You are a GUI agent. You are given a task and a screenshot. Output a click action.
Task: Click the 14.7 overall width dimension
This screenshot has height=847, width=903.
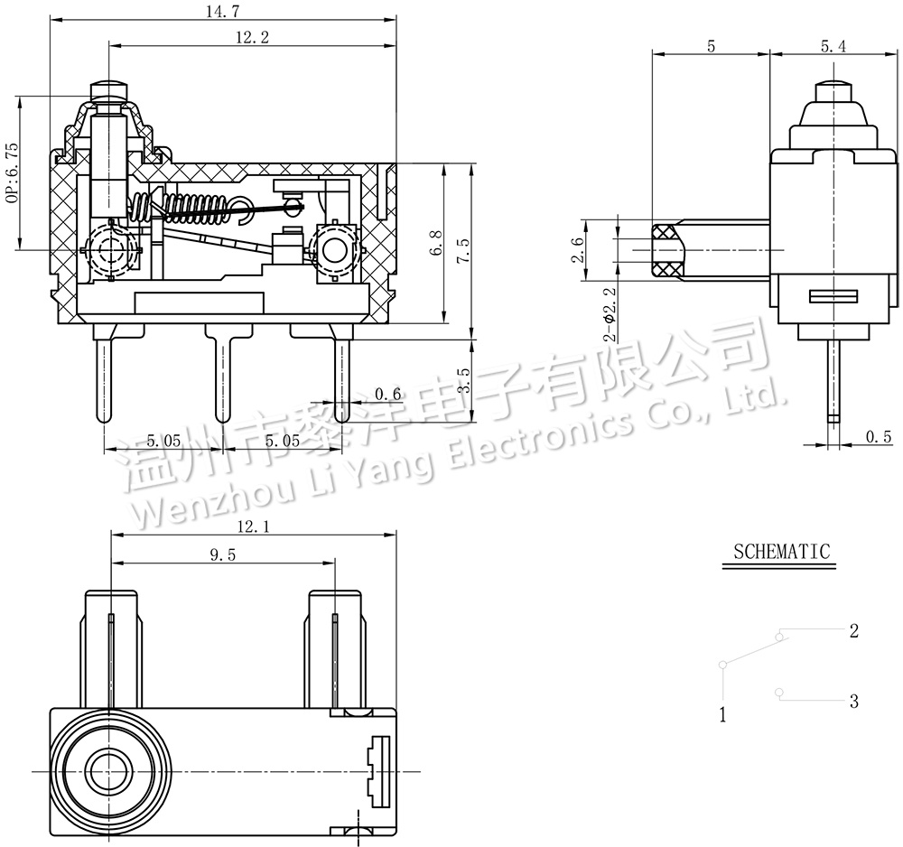tap(223, 11)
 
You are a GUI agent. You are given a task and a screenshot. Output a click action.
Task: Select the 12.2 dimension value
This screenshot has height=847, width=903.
tap(252, 37)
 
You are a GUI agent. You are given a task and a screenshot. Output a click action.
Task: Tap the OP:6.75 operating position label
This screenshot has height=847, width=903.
tap(12, 172)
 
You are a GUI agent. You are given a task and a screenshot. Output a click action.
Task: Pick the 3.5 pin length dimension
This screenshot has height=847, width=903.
tap(463, 380)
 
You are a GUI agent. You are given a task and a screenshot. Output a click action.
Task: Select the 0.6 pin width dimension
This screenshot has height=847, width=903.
tap(387, 394)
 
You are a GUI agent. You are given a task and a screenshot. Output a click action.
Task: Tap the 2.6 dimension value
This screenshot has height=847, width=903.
tap(578, 249)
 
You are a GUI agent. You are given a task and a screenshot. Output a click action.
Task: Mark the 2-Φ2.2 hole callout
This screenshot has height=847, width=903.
tap(610, 314)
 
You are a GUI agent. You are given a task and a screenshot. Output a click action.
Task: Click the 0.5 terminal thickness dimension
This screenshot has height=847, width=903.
tap(879, 437)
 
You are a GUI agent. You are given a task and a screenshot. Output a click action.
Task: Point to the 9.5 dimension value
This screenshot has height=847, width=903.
tap(222, 555)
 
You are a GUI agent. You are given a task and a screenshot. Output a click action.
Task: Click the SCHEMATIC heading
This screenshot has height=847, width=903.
tap(781, 552)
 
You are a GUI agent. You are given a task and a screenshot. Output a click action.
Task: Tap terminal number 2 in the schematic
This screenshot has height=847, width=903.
tap(854, 631)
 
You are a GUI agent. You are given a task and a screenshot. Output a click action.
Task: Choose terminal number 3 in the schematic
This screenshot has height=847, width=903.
tap(854, 702)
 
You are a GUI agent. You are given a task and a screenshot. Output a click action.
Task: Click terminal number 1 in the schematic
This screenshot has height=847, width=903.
tap(722, 714)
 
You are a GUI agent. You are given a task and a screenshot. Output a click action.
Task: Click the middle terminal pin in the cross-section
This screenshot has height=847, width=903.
tap(222, 373)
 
